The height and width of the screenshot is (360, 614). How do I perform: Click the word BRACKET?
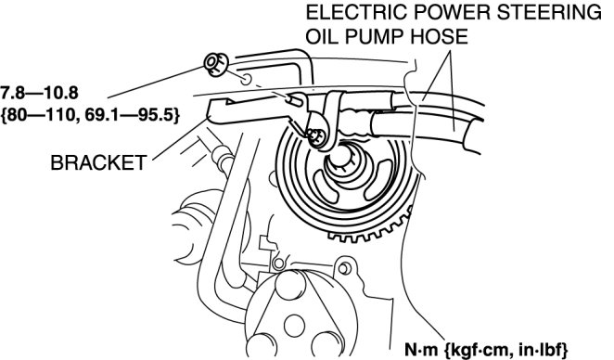pos(98,162)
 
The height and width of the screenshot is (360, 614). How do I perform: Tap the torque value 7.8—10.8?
pos(39,93)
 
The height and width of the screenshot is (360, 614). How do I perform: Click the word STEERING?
pos(549,13)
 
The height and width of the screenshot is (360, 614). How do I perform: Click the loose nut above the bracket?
pos(216,64)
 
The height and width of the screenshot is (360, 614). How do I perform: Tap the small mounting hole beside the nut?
pos(246,79)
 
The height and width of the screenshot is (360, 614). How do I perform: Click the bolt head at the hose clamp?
pos(315,136)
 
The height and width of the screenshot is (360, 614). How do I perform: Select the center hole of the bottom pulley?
pos(294,325)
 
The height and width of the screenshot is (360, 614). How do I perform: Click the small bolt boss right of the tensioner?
pos(344,268)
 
